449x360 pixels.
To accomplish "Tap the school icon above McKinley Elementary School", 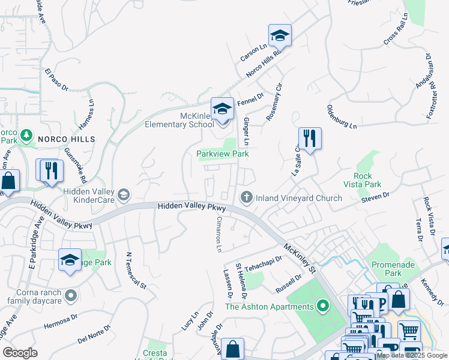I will point(222,109).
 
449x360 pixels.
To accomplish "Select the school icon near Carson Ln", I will point(280,36).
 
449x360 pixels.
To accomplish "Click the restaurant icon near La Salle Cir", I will point(310,139).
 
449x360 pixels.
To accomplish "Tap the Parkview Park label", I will point(223,154).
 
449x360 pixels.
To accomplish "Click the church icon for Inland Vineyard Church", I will point(246,197).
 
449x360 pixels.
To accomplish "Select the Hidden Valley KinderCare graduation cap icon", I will point(123,194).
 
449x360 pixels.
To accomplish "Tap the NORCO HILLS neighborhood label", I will point(67,139).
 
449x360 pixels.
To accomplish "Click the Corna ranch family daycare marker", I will point(71,295).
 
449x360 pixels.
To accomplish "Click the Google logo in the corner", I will point(20,353).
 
